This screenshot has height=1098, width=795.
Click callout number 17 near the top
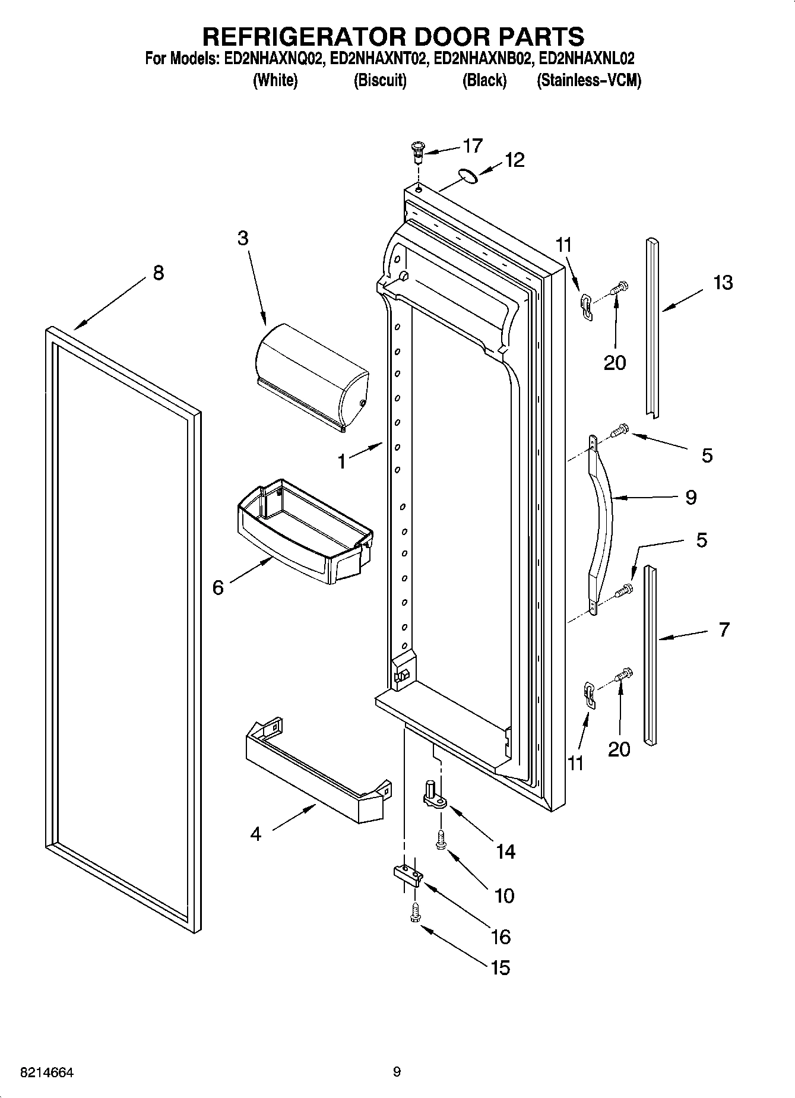473,145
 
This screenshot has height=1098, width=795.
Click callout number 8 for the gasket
158,273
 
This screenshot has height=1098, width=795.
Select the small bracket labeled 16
407,874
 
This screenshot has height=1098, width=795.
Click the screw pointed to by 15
415,913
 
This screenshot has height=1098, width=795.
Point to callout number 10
504,896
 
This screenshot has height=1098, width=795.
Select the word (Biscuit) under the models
380,81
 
